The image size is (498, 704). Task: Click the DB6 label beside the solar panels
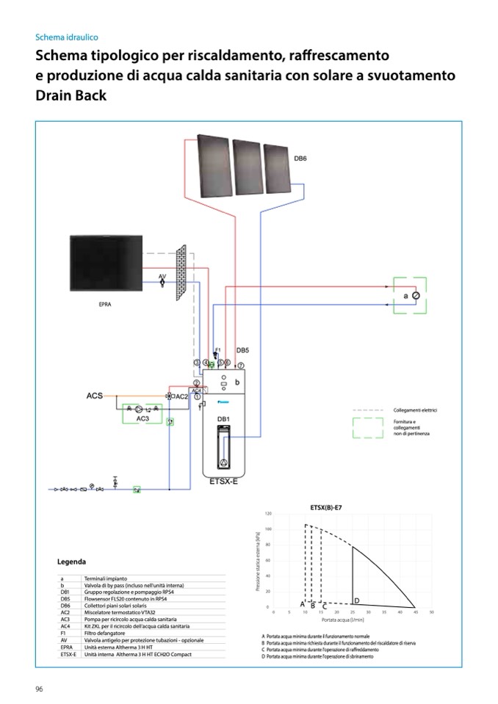(300, 158)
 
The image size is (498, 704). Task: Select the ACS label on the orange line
(95, 396)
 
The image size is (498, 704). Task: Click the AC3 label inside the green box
(142, 418)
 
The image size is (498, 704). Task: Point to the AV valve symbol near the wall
(162, 283)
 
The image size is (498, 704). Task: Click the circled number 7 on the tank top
(240, 365)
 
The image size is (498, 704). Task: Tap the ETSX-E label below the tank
(223, 482)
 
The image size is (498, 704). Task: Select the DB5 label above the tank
(243, 351)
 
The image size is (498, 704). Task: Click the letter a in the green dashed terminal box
(405, 295)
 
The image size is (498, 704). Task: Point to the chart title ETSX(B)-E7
(328, 507)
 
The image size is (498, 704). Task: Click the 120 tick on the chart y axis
(269, 513)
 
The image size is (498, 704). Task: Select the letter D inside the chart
(356, 600)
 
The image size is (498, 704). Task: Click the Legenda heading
(71, 562)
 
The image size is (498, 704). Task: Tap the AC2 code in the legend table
(65, 612)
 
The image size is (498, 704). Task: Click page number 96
(40, 688)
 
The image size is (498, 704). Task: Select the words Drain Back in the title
(71, 95)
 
